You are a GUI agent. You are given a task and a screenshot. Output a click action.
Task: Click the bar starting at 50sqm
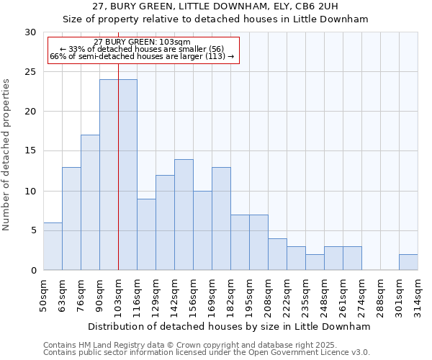coord(53,246)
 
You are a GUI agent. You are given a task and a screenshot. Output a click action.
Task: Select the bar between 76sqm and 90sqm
coord(90,202)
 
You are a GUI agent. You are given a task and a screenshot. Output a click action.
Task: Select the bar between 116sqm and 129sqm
coord(146,234)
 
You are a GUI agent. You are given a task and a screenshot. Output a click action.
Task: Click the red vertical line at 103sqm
coord(118,173)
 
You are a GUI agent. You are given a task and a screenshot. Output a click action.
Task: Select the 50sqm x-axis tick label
coord(44,295)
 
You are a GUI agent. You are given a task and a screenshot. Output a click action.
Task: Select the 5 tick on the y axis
coord(33,230)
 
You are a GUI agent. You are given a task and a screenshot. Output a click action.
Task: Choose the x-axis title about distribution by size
coord(230,326)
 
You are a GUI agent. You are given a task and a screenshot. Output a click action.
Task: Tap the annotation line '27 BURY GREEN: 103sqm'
coord(142,42)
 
